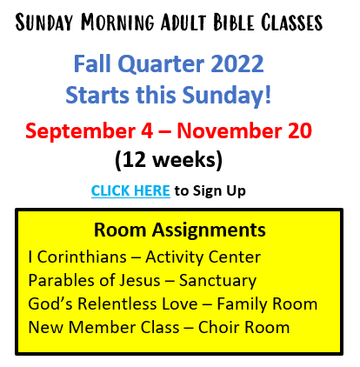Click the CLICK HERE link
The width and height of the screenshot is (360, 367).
click(130, 190)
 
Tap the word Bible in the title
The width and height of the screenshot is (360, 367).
click(234, 23)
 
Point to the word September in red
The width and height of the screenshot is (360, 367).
click(80, 131)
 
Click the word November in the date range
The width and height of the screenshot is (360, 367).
click(229, 130)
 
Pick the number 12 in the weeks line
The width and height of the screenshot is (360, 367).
click(134, 160)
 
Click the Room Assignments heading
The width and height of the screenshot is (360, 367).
click(180, 230)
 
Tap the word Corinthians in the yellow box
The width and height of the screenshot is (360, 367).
click(82, 257)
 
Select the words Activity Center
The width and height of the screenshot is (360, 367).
click(203, 257)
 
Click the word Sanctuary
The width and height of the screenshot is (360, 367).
click(217, 281)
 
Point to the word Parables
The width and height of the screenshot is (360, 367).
click(61, 281)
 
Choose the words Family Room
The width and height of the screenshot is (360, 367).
click(267, 304)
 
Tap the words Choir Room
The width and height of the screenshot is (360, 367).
click(243, 328)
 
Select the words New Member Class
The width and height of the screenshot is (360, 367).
click(103, 328)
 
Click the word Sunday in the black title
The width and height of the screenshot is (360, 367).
click(44, 23)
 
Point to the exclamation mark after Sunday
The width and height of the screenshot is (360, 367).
click(268, 94)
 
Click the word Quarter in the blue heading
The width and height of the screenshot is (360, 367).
click(161, 64)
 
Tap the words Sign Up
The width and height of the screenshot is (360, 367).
click(219, 191)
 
